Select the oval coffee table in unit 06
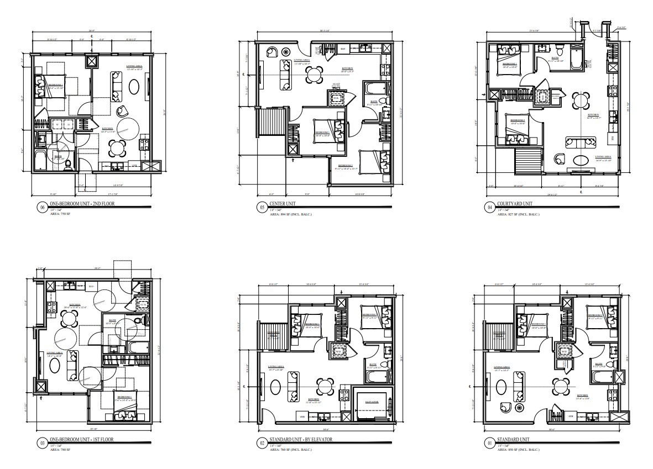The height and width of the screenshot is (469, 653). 133,87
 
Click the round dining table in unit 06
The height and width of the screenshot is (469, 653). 117,147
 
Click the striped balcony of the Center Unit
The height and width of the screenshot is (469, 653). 274,123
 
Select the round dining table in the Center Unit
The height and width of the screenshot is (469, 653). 314,74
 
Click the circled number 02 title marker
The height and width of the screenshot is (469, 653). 261,442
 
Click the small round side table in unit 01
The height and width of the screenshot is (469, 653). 519,408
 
